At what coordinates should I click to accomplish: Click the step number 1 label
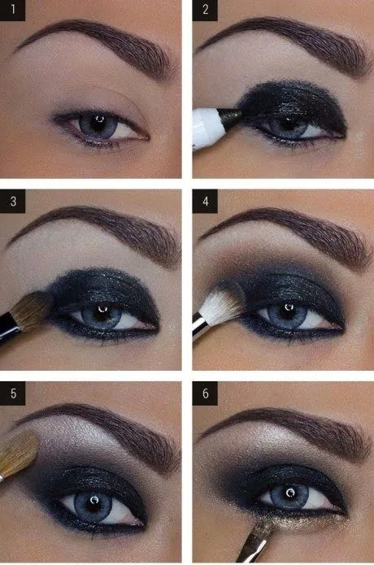tap(13, 12)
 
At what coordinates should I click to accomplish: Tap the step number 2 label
tap(205, 12)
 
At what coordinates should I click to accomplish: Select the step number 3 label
tap(13, 202)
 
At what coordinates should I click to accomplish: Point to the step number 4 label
tap(205, 202)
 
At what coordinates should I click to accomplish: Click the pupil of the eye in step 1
tap(96, 124)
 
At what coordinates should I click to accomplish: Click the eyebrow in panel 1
tap(98, 41)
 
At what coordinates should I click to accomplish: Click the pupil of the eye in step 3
tap(100, 313)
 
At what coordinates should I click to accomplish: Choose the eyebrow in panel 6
tap(285, 423)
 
